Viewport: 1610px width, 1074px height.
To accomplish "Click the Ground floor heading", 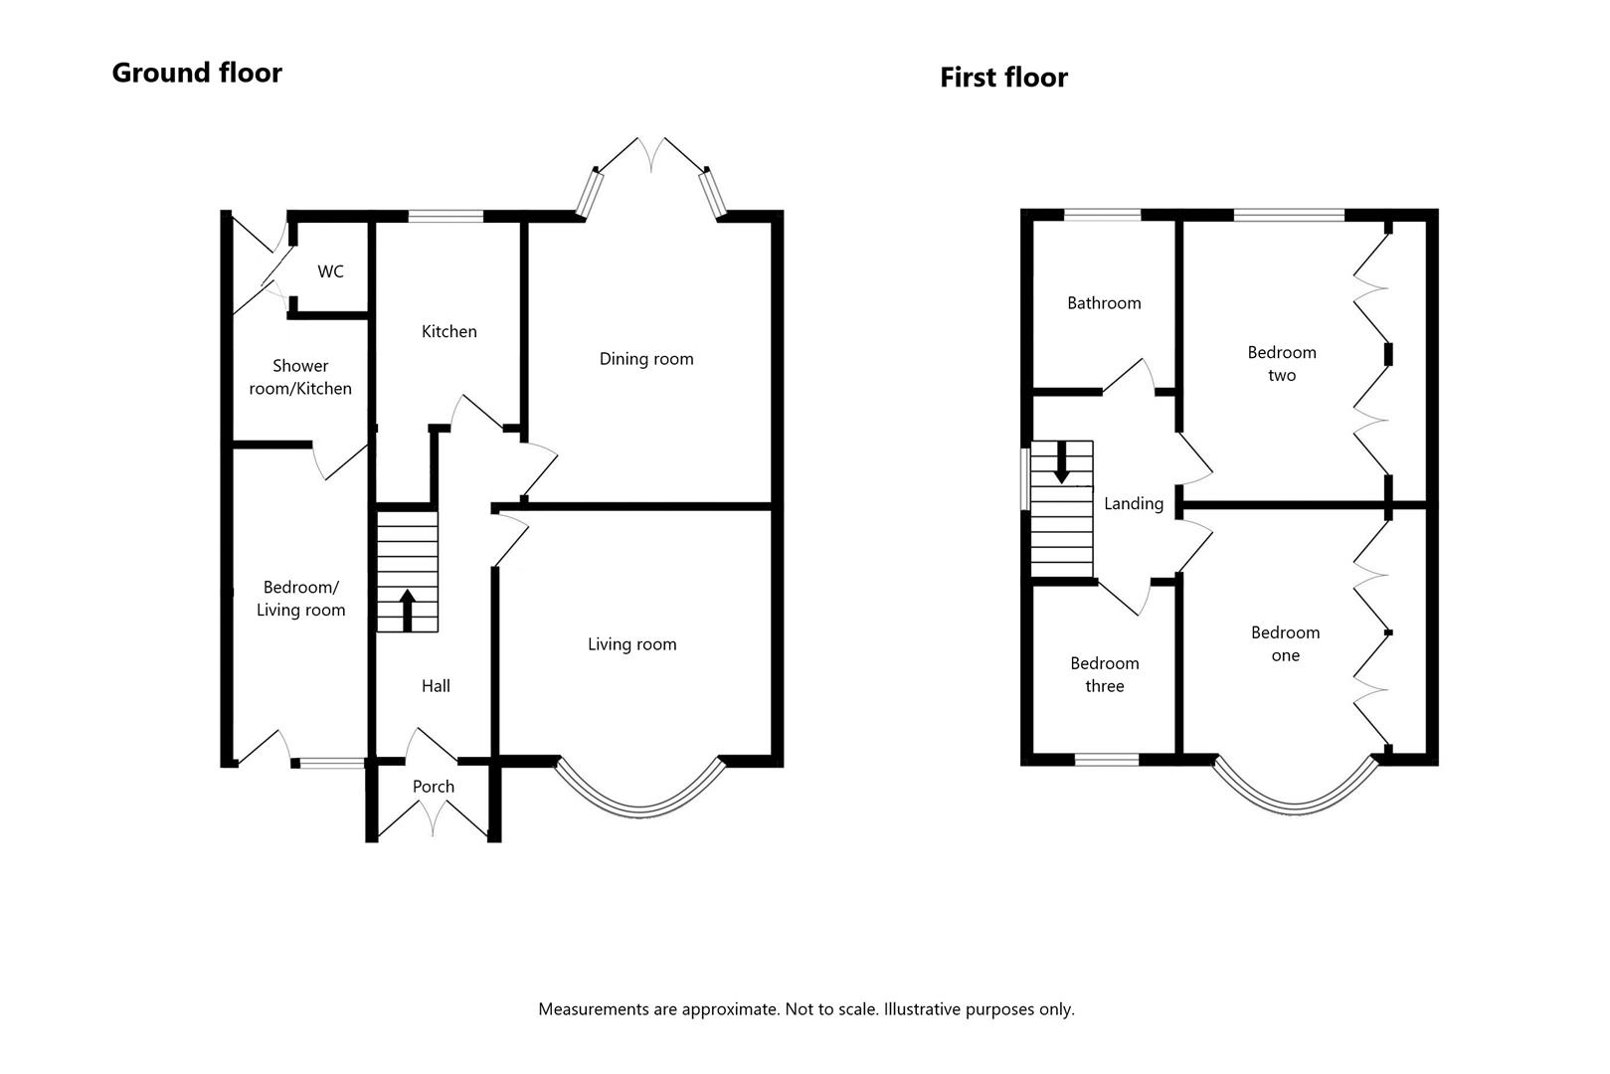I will point(197,73).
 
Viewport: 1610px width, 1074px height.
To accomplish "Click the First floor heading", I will point(1003,78).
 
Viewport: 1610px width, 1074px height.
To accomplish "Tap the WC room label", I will point(330,271).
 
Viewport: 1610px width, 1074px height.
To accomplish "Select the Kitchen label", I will point(448,331).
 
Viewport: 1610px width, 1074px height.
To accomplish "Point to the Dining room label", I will point(646,359).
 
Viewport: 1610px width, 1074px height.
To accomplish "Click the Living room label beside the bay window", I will point(631,644).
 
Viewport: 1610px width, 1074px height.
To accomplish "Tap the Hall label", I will point(436,685).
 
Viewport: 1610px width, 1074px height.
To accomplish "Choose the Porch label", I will point(434,787).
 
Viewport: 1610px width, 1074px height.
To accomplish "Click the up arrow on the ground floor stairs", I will point(407,609).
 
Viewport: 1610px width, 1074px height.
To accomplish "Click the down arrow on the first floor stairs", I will point(1061,462).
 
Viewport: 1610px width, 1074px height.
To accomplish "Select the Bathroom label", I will point(1104,303).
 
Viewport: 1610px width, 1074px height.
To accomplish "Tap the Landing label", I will point(1133,503).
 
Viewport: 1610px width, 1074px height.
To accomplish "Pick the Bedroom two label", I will point(1282,363).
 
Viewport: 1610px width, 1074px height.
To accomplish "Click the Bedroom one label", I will point(1285,643).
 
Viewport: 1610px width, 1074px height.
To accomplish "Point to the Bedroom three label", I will point(1104,674).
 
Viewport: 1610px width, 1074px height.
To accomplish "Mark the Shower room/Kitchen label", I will point(300,377).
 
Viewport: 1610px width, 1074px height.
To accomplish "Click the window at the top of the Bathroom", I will point(1102,214).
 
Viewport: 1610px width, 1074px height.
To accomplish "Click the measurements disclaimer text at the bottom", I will point(805,1009).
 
